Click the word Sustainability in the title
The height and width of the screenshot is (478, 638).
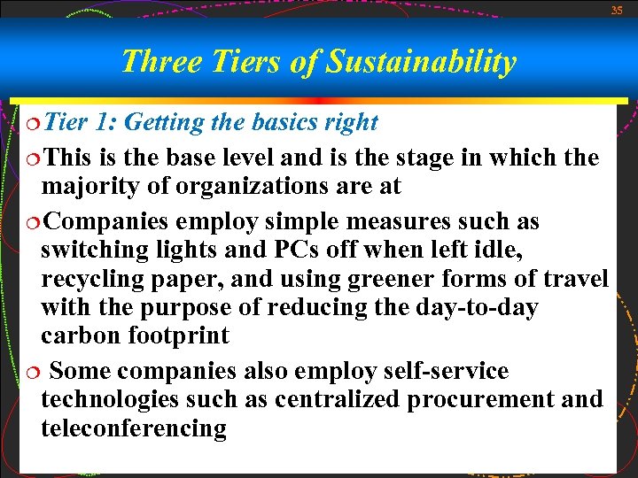(421, 62)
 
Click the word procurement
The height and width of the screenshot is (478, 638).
(478, 399)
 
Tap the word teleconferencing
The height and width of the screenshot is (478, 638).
(134, 428)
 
